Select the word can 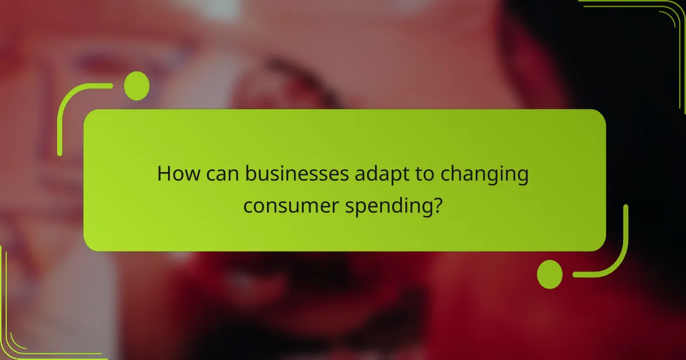pyautogui.click(x=221, y=174)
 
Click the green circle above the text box pyautogui.click(x=137, y=86)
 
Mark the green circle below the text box pyautogui.click(x=550, y=274)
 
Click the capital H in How pyautogui.click(x=165, y=174)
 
